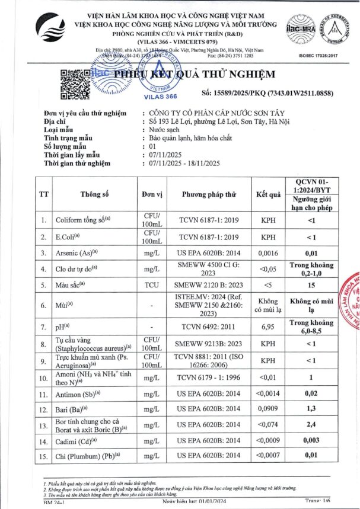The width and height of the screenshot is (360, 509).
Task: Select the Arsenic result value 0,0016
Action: click(x=267, y=252)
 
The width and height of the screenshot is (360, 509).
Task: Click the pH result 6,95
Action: click(x=267, y=326)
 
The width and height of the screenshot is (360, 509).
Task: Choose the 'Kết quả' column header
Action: click(x=267, y=194)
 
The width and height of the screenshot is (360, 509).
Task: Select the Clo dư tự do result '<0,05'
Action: click(x=267, y=268)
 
